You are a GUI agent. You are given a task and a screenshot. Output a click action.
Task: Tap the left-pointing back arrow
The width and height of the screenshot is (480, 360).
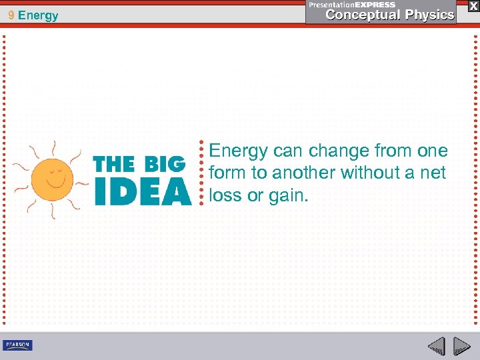tap(437, 346)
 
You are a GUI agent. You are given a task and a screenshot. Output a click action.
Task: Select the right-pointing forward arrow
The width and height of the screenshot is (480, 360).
tap(461, 346)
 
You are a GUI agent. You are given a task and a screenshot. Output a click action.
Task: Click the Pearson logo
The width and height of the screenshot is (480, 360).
tap(17, 345)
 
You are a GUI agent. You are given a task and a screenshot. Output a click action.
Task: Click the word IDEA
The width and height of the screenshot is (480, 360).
tap(142, 191)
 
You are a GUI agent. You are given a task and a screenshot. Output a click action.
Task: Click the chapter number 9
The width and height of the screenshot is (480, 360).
tap(11, 15)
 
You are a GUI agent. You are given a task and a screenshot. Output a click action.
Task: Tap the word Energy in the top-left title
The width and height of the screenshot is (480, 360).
tap(39, 15)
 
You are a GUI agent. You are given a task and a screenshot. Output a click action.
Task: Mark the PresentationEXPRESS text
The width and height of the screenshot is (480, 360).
tap(352, 5)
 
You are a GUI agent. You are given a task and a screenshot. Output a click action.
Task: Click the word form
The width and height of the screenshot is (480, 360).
tap(225, 173)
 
